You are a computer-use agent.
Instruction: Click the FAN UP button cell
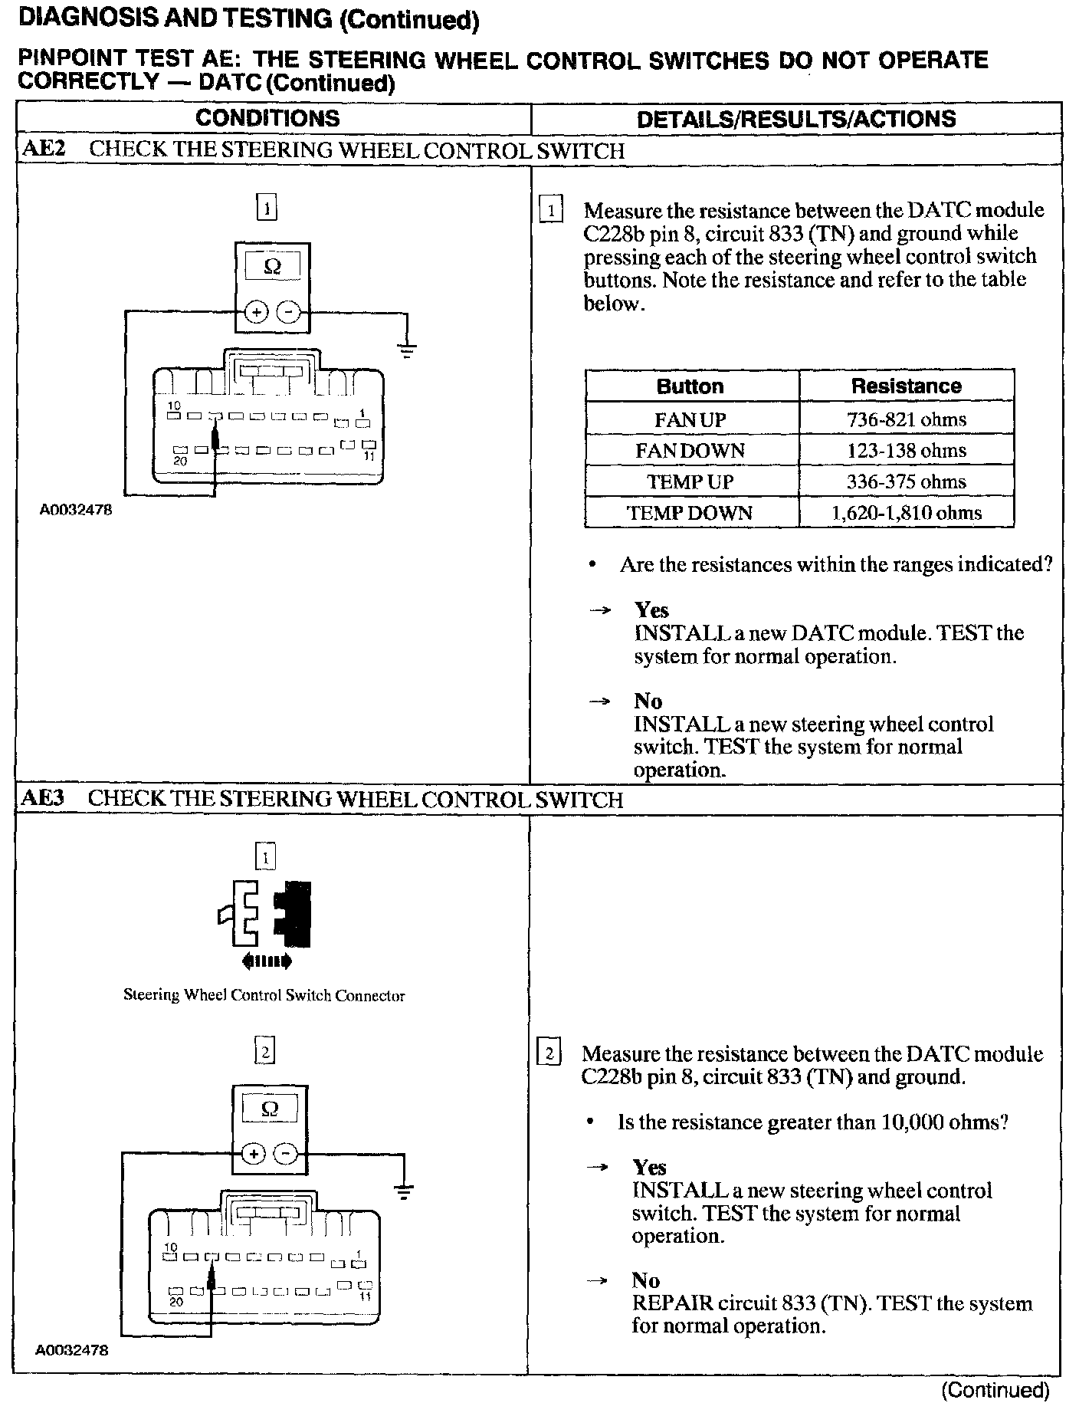point(690,419)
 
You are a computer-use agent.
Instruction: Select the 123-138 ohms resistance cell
point(906,450)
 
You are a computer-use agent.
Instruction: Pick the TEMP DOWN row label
point(690,513)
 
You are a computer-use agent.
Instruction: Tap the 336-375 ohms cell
point(906,481)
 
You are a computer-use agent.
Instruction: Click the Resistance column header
point(906,386)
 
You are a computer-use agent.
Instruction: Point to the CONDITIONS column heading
point(267,118)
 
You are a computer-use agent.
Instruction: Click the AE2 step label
point(43,149)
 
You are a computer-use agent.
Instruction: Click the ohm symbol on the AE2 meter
point(272,267)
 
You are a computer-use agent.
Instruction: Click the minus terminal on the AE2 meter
point(288,312)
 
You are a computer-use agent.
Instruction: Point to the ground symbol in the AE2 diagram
point(407,350)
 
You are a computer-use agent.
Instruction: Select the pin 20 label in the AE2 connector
point(179,461)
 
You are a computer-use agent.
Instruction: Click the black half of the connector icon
point(296,914)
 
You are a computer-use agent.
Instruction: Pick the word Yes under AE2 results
point(651,609)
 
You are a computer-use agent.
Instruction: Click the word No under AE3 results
point(645,1280)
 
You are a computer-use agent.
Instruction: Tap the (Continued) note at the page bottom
point(994,1389)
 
